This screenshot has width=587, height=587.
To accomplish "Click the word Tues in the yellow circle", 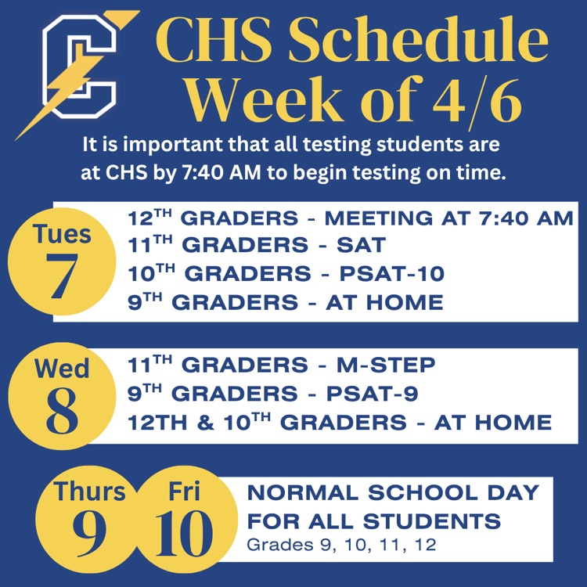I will pos(62,234).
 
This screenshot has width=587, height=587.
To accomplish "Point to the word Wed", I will pos(62,367).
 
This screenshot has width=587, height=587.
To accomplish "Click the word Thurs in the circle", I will pos(89,492).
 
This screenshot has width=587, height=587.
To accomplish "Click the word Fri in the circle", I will pos(184,492).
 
